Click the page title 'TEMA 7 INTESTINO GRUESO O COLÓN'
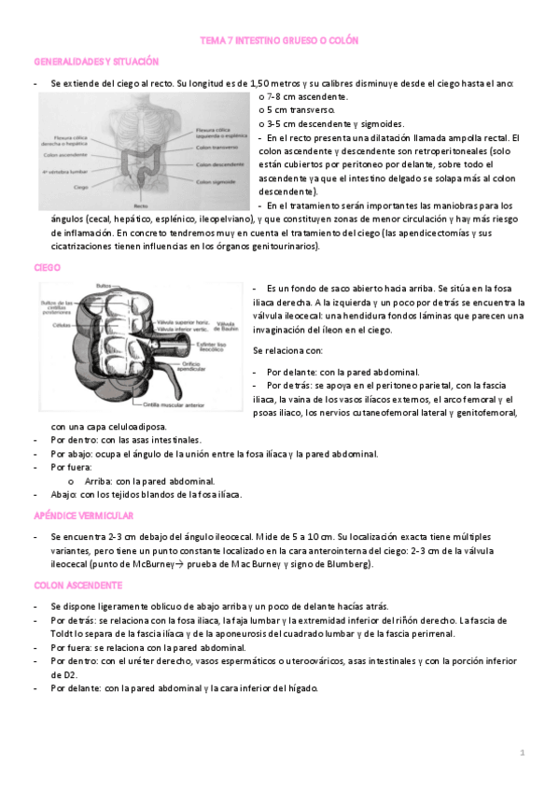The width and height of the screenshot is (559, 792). click(279, 41)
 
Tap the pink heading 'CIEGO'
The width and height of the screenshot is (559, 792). click(47, 267)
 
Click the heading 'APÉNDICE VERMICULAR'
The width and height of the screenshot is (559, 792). click(83, 516)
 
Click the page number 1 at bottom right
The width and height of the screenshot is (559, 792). click(524, 753)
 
